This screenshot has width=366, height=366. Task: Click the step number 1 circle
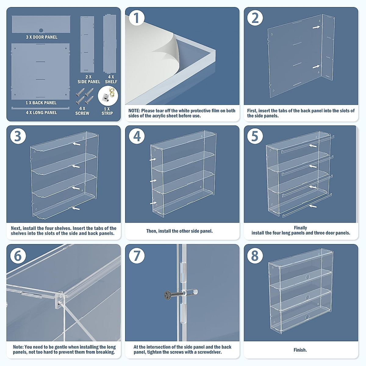pos(136,18)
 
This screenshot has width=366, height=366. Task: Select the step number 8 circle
pos(255,256)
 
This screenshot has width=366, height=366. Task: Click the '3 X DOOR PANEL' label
pos(41,37)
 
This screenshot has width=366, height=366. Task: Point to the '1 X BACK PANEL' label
pos(41,103)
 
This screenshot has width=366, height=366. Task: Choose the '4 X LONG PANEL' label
pos(41,113)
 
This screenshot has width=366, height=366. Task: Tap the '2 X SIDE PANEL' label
pos(89,79)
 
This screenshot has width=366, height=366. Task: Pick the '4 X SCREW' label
pos(82,111)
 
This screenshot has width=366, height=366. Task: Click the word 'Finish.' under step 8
pos(300,350)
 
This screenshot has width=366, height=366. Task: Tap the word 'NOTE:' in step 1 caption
pos(134,111)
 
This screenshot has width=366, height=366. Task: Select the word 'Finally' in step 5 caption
pos(300,228)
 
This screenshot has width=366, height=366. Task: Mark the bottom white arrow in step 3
pos(76,208)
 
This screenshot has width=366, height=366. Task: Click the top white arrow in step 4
pos(153,159)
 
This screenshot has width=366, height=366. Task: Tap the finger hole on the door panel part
pos(41,30)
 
